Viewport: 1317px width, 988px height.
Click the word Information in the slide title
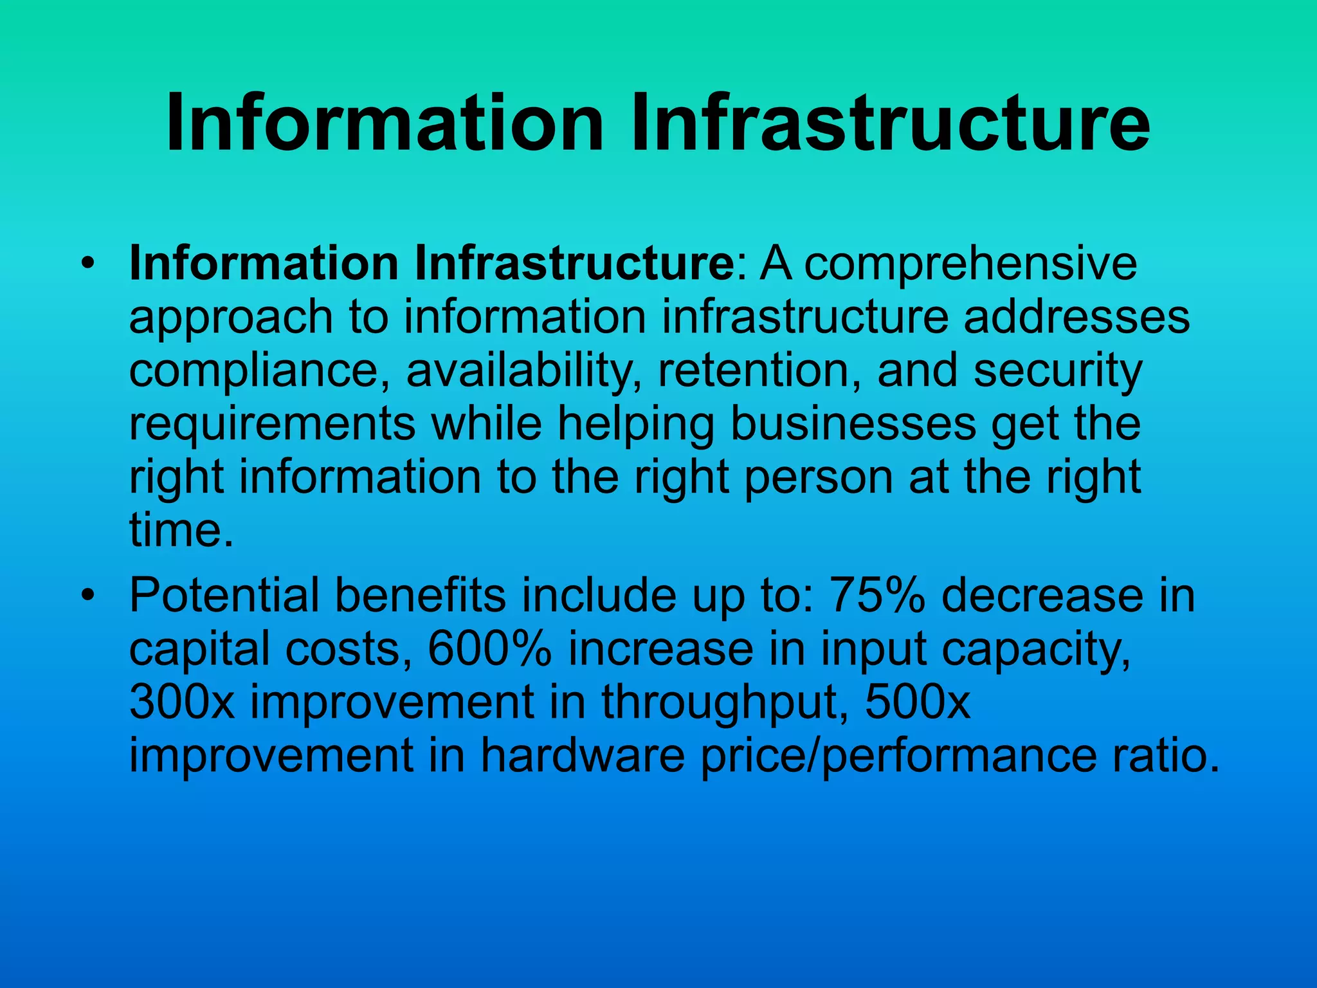coord(385,123)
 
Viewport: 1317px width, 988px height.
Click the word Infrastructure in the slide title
coord(890,123)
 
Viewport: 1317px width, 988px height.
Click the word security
coord(1057,371)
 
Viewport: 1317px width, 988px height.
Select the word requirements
coord(273,424)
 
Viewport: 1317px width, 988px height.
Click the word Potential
coord(224,596)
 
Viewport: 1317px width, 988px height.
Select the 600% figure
coord(489,649)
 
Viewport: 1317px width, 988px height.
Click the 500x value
coord(917,702)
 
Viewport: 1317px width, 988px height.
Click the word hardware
coord(583,756)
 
